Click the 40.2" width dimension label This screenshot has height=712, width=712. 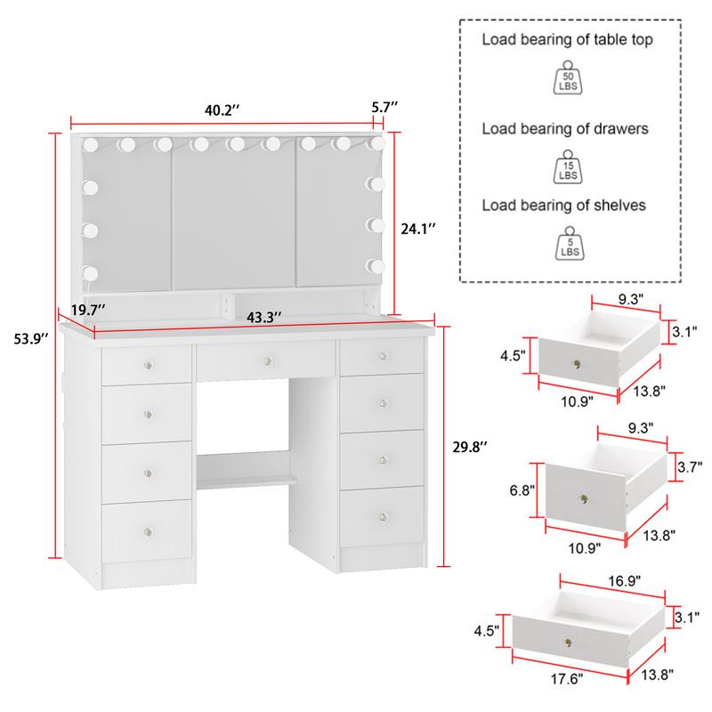[x=222, y=110]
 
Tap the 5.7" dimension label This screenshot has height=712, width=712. [x=384, y=107]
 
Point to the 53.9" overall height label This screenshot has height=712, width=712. [x=24, y=338]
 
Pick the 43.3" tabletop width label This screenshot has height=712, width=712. [x=263, y=317]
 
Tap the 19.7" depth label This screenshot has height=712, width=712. [x=89, y=309]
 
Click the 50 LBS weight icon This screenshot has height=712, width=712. [x=568, y=77]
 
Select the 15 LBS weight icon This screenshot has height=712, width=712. [x=568, y=167]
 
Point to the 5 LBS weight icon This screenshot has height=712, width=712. [x=568, y=244]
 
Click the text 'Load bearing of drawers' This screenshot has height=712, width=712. [x=565, y=129]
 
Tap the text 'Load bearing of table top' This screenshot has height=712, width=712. [x=569, y=39]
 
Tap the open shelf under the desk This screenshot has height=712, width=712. [x=247, y=481]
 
